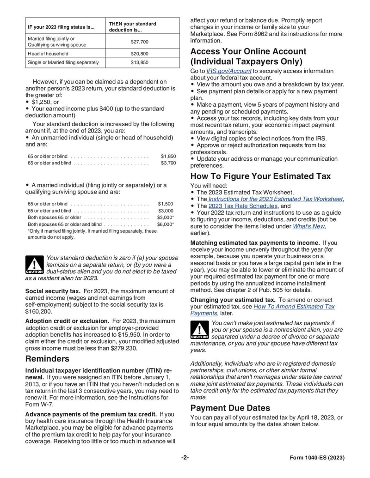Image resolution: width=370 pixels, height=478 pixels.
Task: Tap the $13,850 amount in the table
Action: (139, 62)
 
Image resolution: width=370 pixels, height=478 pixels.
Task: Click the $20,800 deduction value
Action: (139, 54)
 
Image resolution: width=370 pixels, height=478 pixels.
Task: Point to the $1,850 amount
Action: (168, 157)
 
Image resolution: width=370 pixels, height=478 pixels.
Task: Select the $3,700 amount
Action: (168, 163)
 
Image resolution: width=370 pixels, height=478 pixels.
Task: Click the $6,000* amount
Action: (166, 224)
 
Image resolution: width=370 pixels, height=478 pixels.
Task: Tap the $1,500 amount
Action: (166, 204)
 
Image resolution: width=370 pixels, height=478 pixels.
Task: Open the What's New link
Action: (309, 226)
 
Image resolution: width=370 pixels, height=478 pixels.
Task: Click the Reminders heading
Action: (47, 359)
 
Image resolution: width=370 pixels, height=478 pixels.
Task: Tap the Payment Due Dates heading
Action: (230, 408)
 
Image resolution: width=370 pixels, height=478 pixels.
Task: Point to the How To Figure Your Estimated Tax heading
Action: (260, 176)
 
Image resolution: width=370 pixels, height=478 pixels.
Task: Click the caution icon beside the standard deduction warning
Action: (34, 265)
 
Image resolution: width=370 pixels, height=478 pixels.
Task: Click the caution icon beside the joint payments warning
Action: (199, 330)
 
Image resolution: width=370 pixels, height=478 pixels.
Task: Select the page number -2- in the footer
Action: (185, 458)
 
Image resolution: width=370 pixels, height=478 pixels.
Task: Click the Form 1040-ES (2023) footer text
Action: (317, 458)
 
